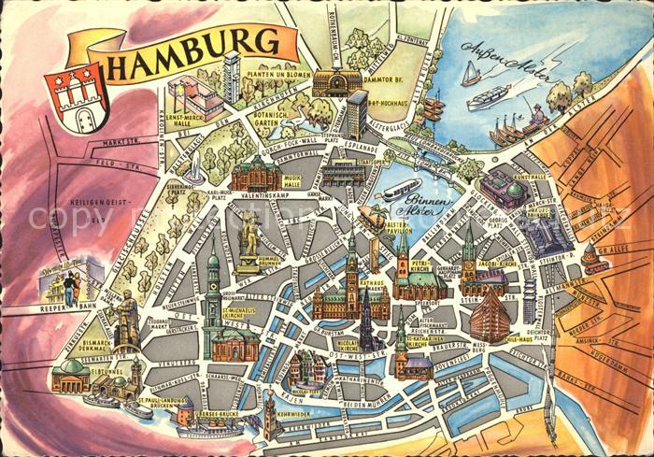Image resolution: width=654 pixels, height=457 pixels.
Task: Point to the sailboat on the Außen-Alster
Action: pos(471,75)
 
